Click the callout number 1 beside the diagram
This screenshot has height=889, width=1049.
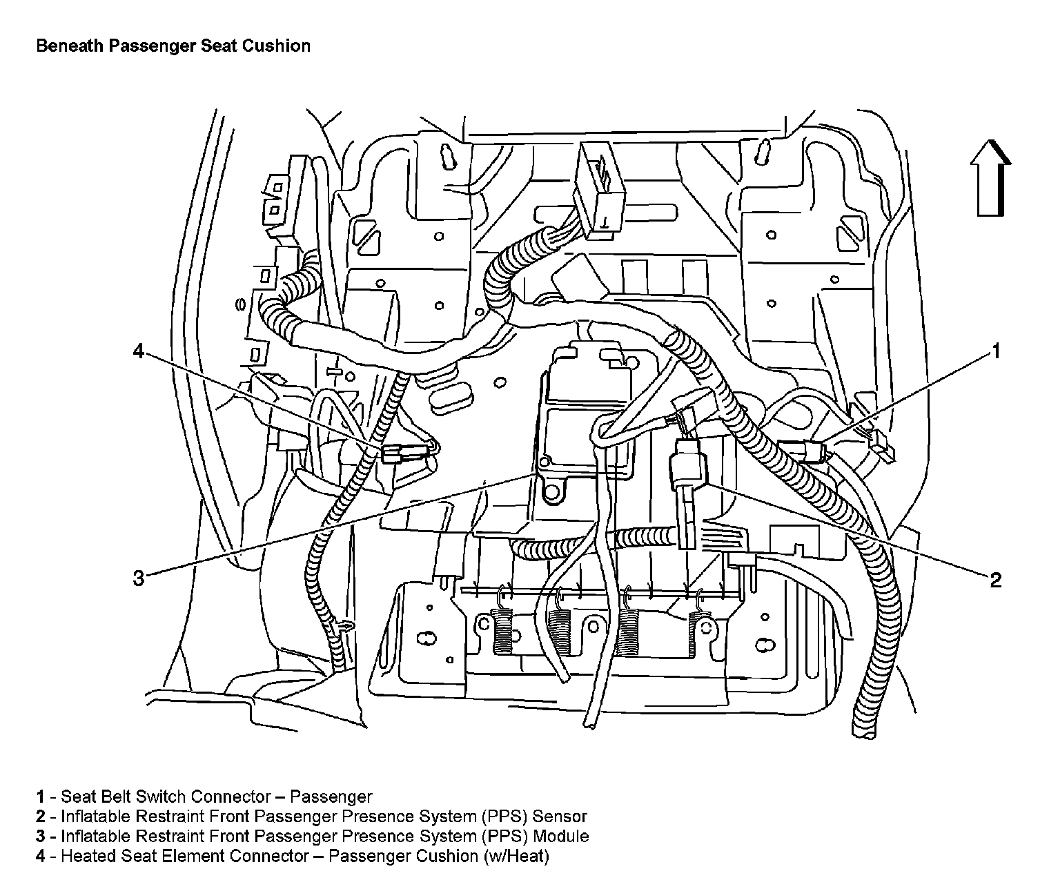coord(995,351)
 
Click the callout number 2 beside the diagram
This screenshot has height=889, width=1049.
coord(995,580)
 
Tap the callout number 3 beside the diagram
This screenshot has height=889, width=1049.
coord(139,578)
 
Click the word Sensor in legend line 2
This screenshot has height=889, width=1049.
coord(560,817)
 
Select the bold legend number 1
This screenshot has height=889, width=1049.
coord(41,797)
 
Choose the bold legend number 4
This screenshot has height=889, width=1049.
coord(41,857)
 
